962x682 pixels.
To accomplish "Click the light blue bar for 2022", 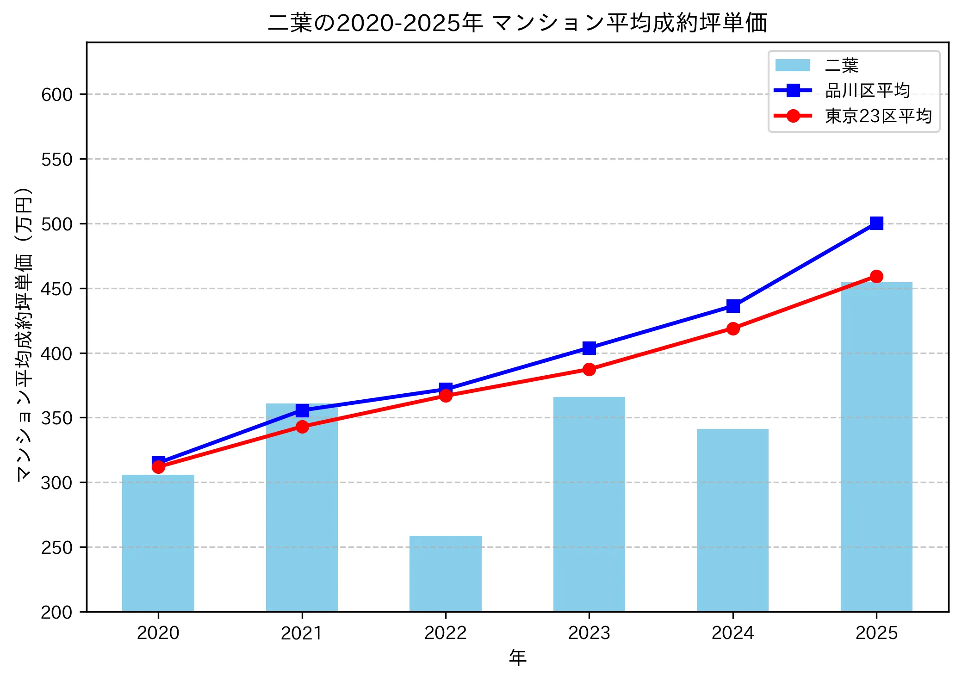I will pos(445,574).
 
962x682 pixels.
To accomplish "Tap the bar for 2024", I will pos(732,520).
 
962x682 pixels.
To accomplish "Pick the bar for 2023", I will pos(589,504).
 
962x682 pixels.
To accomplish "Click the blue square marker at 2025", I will pos(876,223).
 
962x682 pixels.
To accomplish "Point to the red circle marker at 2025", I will pos(876,277).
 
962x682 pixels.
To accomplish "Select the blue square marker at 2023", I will pos(589,348).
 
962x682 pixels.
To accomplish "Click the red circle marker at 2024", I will pos(732,329).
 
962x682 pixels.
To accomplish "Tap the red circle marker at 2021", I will pos(302,427).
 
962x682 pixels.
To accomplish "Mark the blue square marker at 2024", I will pos(732,306).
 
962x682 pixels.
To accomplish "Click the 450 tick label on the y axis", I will pos(57,289).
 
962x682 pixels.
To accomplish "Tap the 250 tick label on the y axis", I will pos(57,548).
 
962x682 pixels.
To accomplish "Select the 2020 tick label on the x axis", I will pos(158,633).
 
